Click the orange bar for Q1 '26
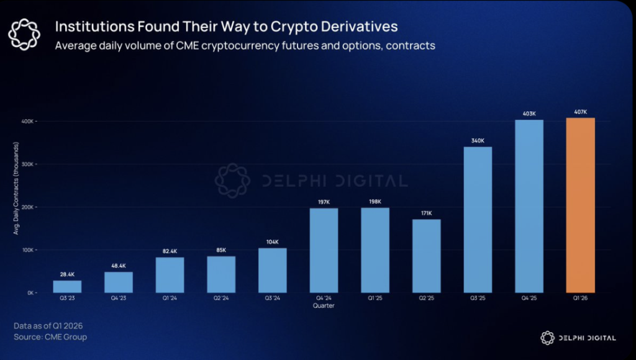click(x=580, y=205)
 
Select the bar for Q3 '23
click(x=67, y=286)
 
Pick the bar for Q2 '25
click(x=426, y=256)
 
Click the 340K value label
click(x=478, y=141)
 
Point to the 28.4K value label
click(x=67, y=274)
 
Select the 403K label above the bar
click(x=529, y=114)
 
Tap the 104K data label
click(x=272, y=242)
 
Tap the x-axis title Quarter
click(x=324, y=305)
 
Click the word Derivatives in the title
click(x=358, y=27)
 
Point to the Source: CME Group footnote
click(x=50, y=337)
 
